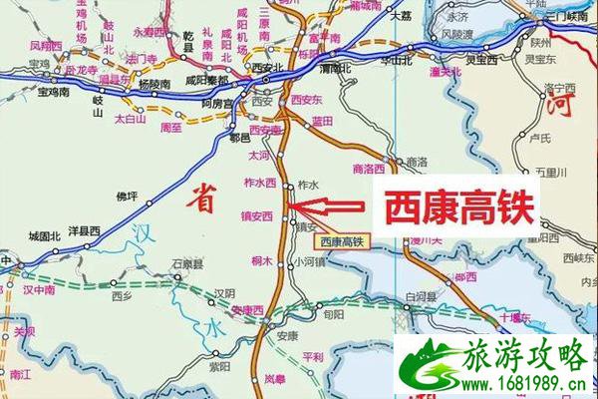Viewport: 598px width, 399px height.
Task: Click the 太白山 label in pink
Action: [x=130, y=119]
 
